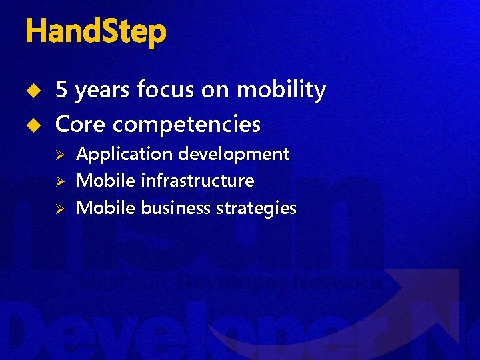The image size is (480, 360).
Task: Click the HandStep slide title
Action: pyautogui.click(x=95, y=32)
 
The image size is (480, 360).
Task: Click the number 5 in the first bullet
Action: pyautogui.click(x=61, y=90)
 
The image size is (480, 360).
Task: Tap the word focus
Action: pyautogui.click(x=162, y=90)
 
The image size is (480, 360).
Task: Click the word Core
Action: pyautogui.click(x=83, y=124)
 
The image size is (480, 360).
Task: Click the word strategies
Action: pyautogui.click(x=256, y=209)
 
